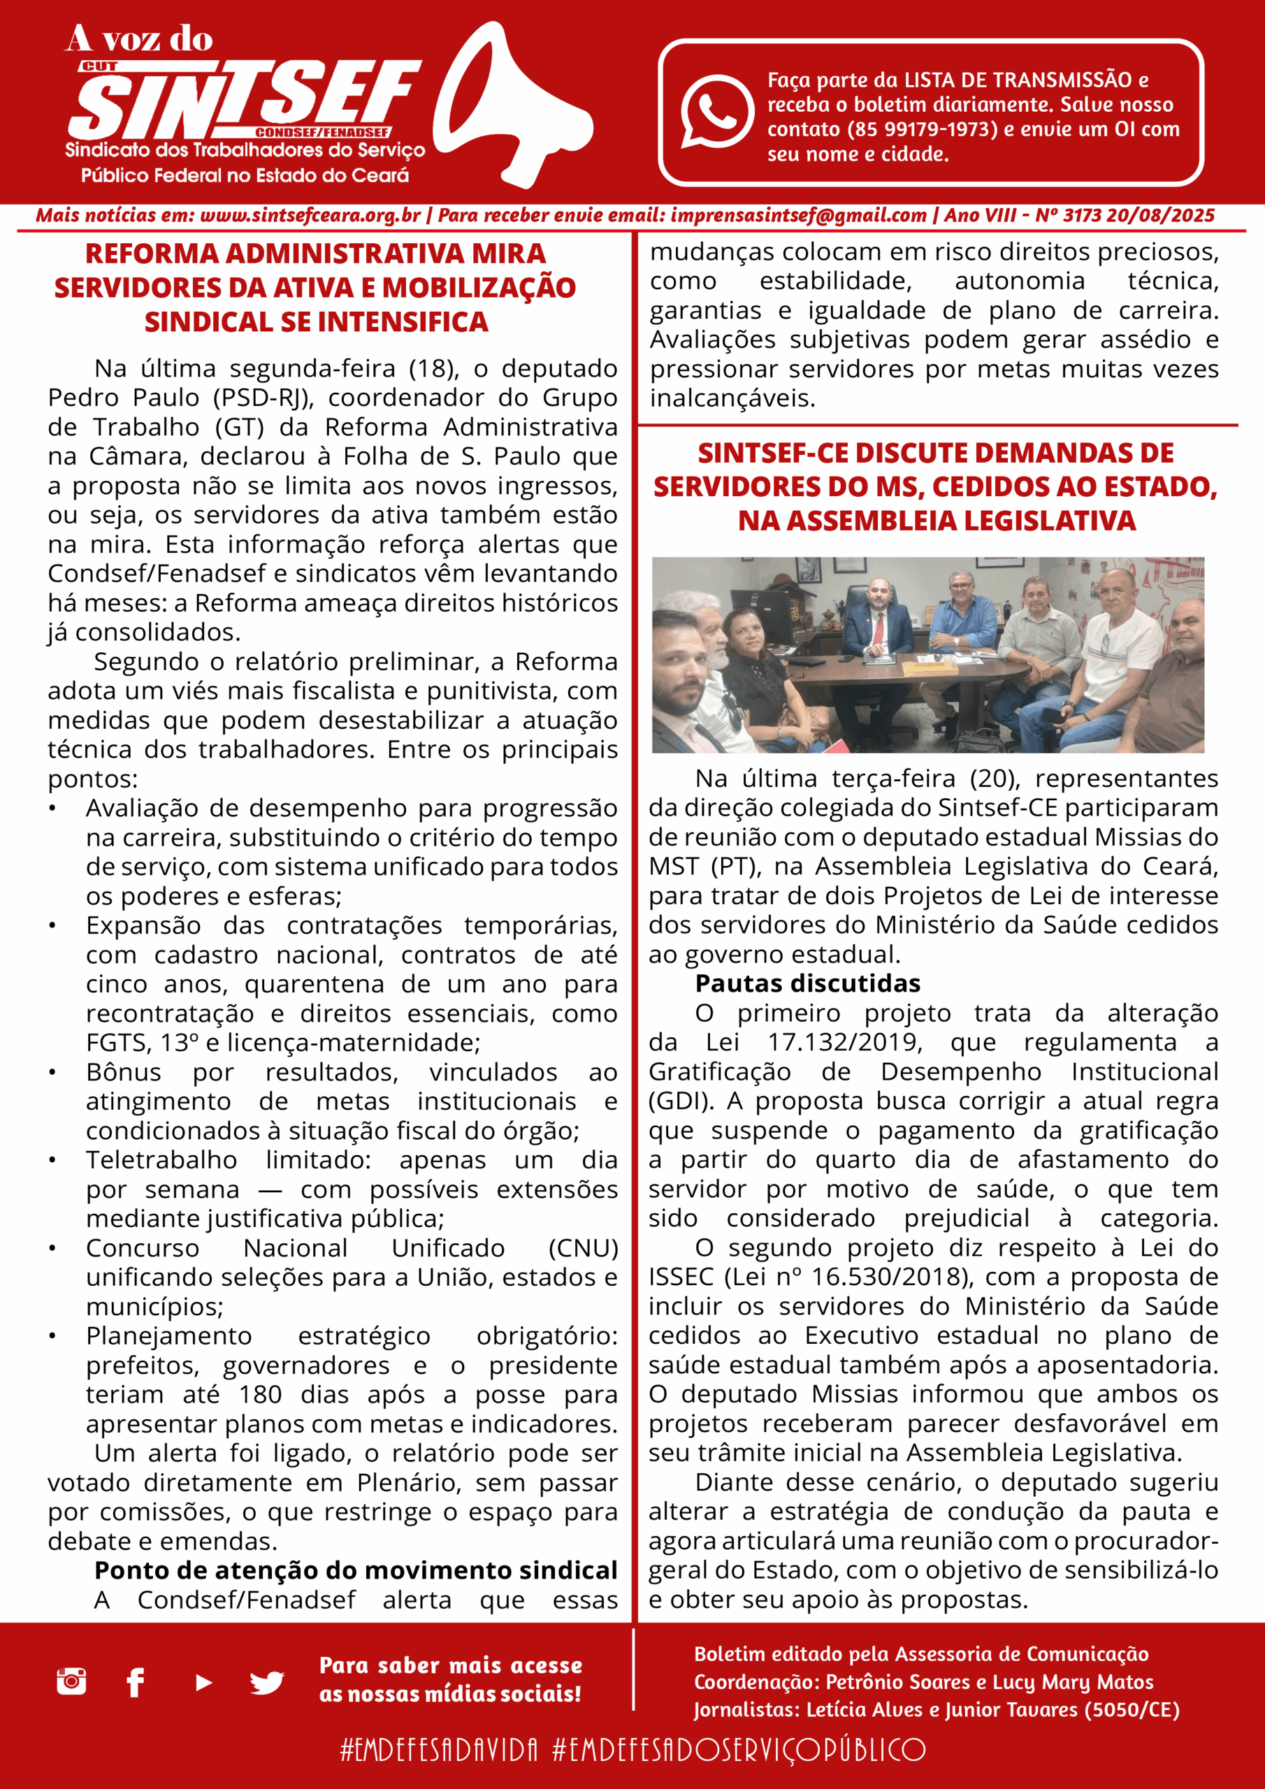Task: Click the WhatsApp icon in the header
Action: (716, 110)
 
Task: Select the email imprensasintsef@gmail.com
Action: (798, 216)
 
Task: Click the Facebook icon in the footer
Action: (136, 1682)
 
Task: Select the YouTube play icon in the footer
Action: (203, 1682)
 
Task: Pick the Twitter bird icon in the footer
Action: (266, 1682)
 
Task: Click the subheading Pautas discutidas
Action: (807, 984)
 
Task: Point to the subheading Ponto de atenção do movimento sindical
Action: (356, 1570)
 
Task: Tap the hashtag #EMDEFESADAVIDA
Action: (439, 1749)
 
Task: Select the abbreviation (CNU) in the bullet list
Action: (583, 1248)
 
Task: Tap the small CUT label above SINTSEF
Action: (99, 67)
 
